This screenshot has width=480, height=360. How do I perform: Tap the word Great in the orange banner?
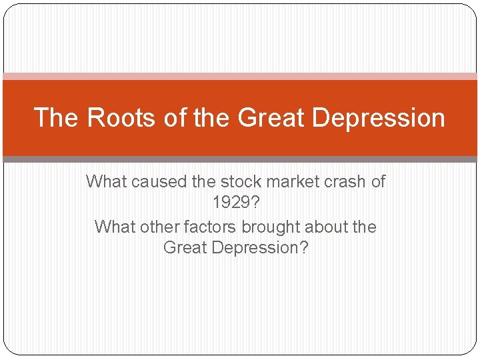click(x=263, y=117)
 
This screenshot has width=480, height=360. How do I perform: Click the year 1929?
click(x=235, y=201)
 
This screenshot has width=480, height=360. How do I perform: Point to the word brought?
click(x=270, y=227)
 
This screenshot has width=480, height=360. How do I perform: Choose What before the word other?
click(x=116, y=227)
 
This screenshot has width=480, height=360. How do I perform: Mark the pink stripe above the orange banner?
click(x=240, y=76)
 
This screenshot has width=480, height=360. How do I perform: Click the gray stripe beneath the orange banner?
click(x=240, y=159)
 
